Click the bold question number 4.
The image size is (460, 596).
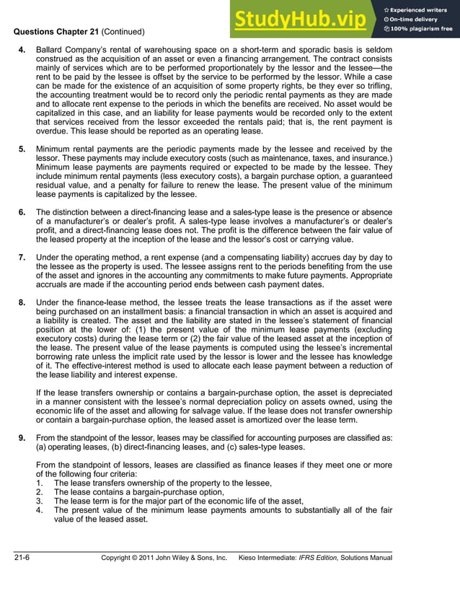tap(22, 49)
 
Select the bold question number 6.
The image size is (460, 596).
tap(22, 211)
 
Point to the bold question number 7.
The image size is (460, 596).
tap(22, 258)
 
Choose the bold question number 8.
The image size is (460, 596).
tap(22, 303)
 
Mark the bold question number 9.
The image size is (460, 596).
tap(22, 437)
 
